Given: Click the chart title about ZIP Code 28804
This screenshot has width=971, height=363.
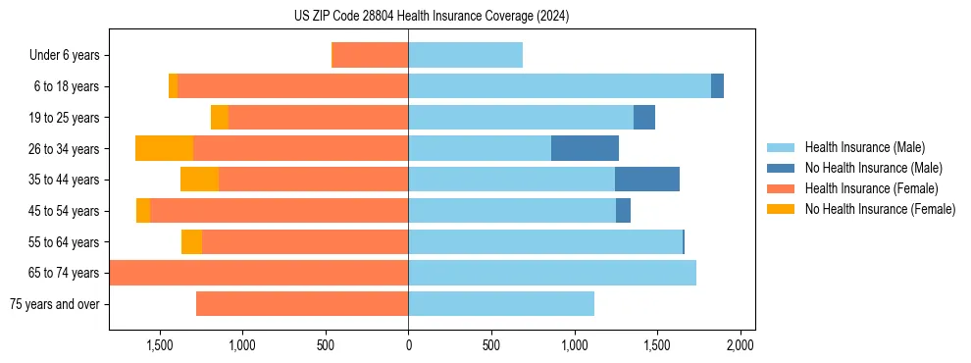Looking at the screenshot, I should (x=432, y=17).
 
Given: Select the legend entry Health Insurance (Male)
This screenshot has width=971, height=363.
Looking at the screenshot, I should (x=864, y=147).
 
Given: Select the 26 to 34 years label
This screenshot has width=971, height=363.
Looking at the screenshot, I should (x=65, y=149).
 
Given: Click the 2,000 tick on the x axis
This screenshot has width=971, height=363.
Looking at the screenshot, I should (x=740, y=345).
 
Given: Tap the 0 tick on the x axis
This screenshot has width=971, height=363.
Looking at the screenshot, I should (x=408, y=345).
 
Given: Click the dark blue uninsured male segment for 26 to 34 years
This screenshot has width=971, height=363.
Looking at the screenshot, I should (x=585, y=148).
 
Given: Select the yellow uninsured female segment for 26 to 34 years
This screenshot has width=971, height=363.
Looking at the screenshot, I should (x=164, y=148).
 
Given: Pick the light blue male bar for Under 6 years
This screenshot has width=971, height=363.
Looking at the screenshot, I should (x=465, y=55).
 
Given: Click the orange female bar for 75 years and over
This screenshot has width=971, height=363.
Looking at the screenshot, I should (x=302, y=304).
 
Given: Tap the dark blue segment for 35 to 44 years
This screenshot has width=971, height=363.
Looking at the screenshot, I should (x=647, y=180).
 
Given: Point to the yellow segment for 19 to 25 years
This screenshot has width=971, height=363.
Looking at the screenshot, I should (x=220, y=118).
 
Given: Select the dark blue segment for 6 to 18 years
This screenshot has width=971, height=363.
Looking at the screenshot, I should (x=717, y=86).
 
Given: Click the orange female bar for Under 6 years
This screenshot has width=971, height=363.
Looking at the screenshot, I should (x=370, y=55).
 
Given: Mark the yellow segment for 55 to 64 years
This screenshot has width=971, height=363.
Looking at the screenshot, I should (x=191, y=242).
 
